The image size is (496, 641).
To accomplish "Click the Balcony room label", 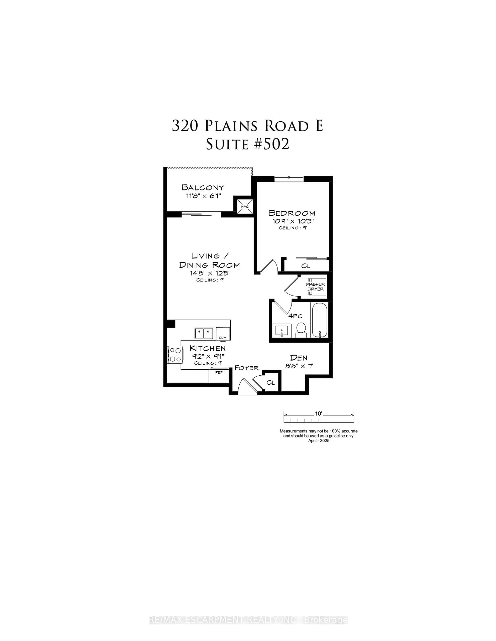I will coord(203,187).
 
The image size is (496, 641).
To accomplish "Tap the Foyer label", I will coord(246,368).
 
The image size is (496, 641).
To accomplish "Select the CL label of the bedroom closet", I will coord(306,266).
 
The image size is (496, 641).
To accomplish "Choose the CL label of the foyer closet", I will coord(271,382).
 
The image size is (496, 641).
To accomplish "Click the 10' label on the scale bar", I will coord(319,414).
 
